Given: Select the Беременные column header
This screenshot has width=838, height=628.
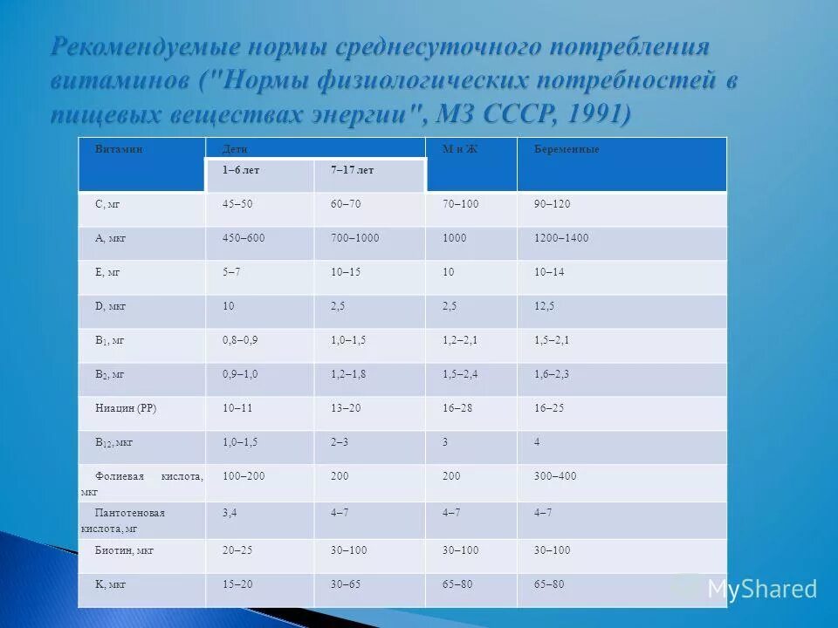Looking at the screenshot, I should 567,150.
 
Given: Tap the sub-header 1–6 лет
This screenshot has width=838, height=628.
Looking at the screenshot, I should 241,170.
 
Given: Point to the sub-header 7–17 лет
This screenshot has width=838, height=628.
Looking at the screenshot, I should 352,170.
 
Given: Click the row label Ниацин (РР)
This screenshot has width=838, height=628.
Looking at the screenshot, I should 126,408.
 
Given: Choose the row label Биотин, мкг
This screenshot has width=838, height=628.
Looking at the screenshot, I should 124,550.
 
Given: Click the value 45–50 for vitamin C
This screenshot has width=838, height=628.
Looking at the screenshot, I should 237,204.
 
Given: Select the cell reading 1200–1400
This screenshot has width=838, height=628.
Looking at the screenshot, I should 561,238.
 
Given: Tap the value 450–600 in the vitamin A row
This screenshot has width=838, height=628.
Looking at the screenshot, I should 244,238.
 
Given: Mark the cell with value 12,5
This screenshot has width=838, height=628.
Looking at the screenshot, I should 544,306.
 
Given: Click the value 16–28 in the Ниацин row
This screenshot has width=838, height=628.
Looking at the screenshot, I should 457,408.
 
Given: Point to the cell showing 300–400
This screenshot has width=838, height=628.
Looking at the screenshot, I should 555,476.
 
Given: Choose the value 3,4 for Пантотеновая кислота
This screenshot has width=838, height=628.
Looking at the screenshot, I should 230,513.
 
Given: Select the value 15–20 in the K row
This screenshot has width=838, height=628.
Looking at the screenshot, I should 237,584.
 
